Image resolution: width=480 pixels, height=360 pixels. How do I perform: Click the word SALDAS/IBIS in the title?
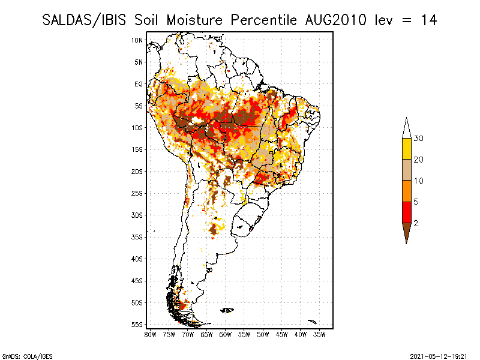(84, 20)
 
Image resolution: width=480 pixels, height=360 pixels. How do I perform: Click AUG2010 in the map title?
(336, 20)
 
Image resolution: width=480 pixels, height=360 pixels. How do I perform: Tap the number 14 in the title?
(429, 20)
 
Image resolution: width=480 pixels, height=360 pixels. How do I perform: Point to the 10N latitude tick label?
(137, 40)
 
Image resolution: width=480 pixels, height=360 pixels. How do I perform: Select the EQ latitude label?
(139, 84)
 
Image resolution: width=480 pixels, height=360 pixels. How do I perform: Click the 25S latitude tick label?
(137, 193)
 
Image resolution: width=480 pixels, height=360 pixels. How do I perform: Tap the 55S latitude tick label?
(137, 325)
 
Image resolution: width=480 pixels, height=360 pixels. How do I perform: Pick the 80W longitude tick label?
(150, 335)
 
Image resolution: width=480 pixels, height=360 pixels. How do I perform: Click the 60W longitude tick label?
(226, 335)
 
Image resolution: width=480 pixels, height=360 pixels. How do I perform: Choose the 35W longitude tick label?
(319, 335)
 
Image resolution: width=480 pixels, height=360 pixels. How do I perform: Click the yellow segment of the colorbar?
(407, 149)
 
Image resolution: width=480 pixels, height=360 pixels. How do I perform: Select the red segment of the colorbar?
(407, 212)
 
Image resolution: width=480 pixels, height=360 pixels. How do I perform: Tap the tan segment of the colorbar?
(407, 170)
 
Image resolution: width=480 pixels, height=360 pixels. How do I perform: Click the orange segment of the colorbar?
(407, 191)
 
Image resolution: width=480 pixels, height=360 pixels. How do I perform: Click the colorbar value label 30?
(418, 139)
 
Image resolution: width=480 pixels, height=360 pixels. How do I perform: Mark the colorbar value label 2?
(416, 223)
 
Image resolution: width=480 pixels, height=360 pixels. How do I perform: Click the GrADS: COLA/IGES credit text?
(27, 356)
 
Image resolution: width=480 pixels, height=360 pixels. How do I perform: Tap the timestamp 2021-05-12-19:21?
(439, 356)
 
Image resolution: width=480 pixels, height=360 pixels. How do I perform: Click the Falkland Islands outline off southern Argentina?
(227, 310)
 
